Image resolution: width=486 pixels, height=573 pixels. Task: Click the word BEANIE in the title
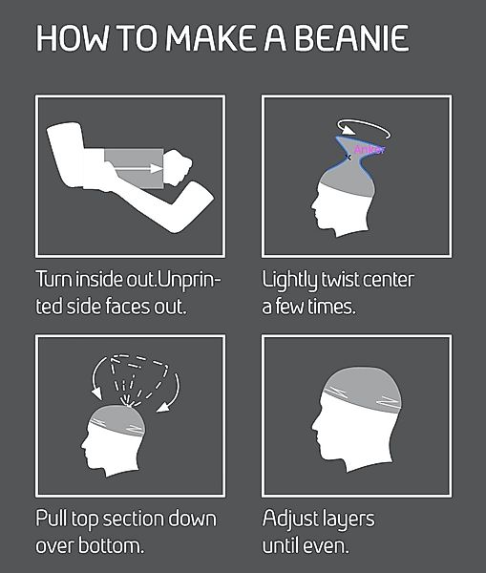click(x=351, y=38)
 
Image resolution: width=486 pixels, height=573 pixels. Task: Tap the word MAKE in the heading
click(x=210, y=38)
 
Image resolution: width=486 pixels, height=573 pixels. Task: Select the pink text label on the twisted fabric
click(x=370, y=150)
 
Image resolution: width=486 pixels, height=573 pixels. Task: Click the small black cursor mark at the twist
click(x=348, y=158)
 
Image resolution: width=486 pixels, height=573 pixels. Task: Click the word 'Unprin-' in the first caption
click(x=190, y=281)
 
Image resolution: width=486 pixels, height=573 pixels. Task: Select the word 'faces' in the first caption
click(x=128, y=307)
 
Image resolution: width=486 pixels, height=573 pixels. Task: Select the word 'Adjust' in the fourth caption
click(x=291, y=520)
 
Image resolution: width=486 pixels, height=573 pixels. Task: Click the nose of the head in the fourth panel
click(x=314, y=426)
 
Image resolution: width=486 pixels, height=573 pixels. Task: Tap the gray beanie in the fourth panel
click(x=363, y=391)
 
